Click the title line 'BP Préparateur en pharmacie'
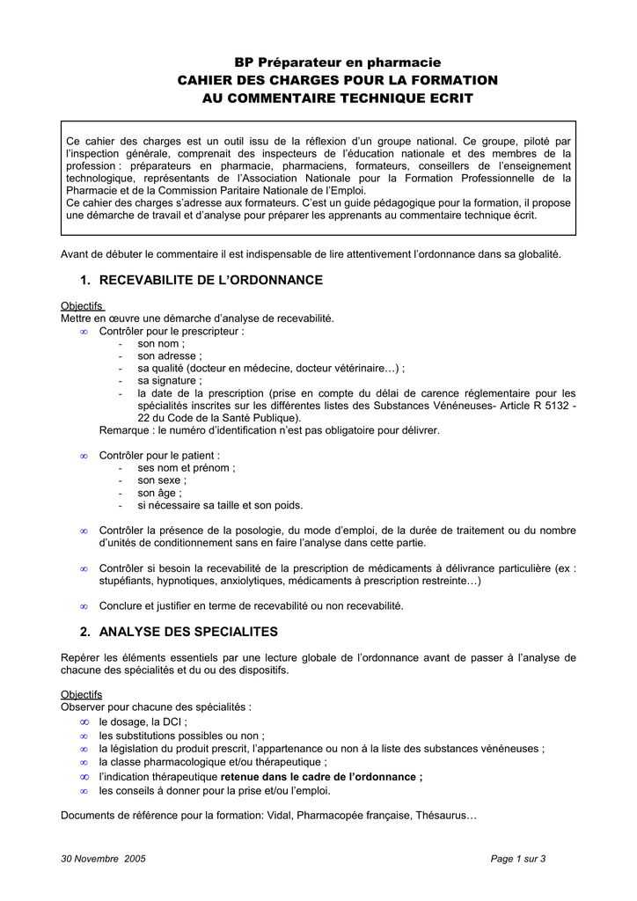point(337,62)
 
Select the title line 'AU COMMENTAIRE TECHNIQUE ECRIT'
point(338,98)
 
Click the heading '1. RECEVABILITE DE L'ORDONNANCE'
point(201,280)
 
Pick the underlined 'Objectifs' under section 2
point(82,694)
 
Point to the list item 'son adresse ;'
point(170,355)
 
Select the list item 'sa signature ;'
point(170,380)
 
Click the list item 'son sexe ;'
point(163,480)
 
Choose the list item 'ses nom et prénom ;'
point(186,468)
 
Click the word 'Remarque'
point(126,430)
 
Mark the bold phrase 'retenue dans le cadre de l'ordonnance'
point(319,777)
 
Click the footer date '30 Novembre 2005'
point(103,859)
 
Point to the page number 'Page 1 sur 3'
point(517,859)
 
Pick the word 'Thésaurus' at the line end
point(444,815)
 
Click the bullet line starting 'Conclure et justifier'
point(251,606)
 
